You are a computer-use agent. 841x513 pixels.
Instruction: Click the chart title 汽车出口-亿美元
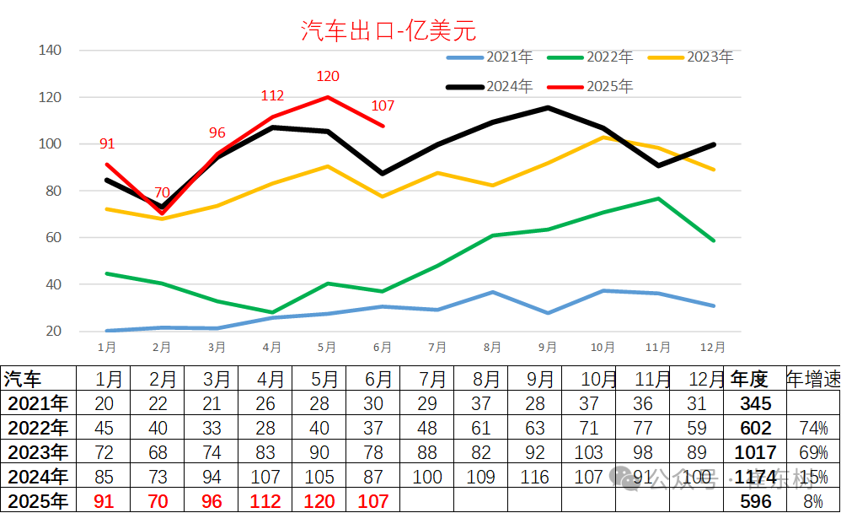pyautogui.click(x=388, y=31)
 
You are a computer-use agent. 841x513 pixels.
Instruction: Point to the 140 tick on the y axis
pyautogui.click(x=51, y=51)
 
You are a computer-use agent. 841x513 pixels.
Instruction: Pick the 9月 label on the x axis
pyautogui.click(x=548, y=347)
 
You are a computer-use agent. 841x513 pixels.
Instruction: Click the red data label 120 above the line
pyautogui.click(x=328, y=77)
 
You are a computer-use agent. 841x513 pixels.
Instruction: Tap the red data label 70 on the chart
pyautogui.click(x=162, y=192)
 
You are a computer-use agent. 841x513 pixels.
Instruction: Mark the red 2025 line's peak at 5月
pyautogui.click(x=327, y=96)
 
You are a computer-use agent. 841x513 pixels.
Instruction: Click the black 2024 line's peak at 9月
pyautogui.click(x=548, y=107)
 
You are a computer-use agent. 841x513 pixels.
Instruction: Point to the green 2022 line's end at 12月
pyautogui.click(x=714, y=240)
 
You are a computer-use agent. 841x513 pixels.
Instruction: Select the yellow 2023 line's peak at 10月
pyautogui.click(x=603, y=137)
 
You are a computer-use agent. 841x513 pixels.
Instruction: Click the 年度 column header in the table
pyautogui.click(x=749, y=379)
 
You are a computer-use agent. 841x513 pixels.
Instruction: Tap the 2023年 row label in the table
pyautogui.click(x=36, y=453)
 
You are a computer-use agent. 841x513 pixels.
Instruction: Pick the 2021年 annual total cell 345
pyautogui.click(x=755, y=404)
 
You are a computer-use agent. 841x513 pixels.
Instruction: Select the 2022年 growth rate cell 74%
pyautogui.click(x=812, y=429)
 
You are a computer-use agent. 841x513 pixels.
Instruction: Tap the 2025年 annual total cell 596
pyautogui.click(x=755, y=502)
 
